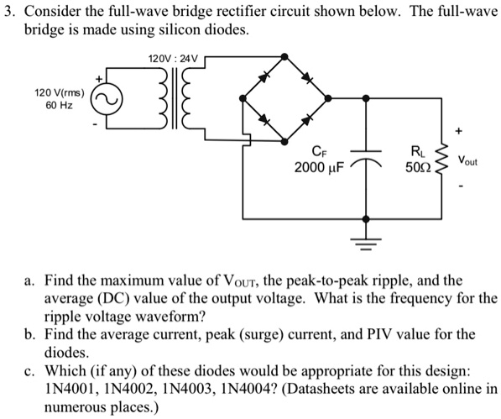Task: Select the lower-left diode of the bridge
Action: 264,123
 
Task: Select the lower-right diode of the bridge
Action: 308,123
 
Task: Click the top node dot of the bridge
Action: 286,55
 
